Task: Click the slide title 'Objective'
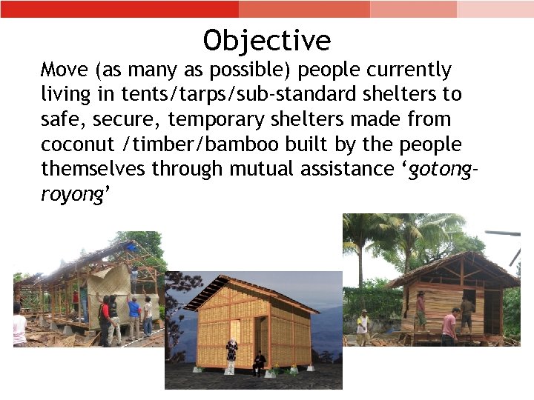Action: coord(267,40)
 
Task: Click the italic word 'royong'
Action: coord(74,194)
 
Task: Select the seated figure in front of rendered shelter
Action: coord(259,363)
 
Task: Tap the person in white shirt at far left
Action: coord(19,326)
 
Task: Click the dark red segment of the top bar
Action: coord(119,9)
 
